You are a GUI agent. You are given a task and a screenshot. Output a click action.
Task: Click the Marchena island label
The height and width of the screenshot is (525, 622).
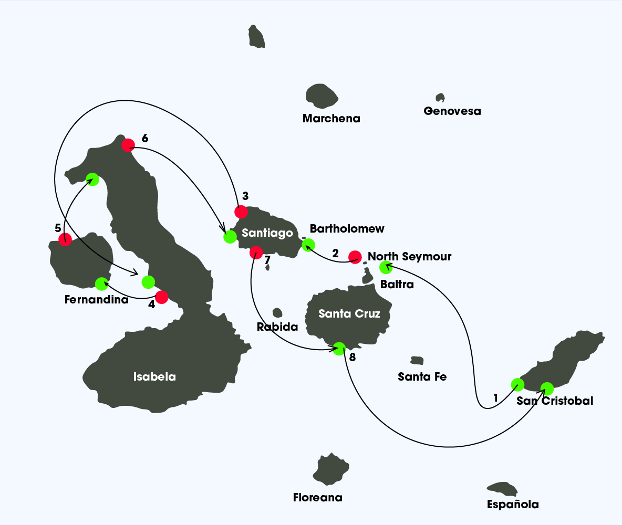click(x=331, y=119)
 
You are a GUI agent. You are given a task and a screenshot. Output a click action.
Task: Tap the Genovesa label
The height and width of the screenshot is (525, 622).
click(x=452, y=111)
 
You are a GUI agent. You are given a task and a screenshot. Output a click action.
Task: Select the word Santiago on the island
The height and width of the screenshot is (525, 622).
click(x=267, y=233)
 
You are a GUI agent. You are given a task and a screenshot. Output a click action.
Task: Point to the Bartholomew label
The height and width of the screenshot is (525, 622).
click(x=347, y=229)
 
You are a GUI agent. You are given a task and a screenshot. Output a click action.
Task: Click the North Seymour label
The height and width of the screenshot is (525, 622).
click(x=409, y=257)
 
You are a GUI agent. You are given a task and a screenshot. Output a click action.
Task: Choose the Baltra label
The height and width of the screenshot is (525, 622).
click(x=397, y=285)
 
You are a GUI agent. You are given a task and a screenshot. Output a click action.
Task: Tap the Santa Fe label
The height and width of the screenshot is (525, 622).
click(x=422, y=376)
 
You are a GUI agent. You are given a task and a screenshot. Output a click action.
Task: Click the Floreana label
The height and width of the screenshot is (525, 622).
click(x=317, y=498)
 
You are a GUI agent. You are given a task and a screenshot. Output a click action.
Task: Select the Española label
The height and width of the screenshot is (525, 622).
click(x=513, y=505)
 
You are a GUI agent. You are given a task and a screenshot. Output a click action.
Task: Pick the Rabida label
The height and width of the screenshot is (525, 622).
click(x=277, y=327)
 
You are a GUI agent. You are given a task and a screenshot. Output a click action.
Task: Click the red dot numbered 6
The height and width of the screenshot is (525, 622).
click(x=128, y=145)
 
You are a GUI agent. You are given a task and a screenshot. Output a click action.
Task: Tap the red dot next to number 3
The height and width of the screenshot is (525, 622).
click(x=241, y=212)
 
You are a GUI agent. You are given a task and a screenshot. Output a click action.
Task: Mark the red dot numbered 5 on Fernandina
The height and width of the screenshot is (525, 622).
click(x=65, y=240)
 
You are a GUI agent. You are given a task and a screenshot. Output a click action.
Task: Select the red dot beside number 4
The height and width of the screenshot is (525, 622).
click(x=161, y=297)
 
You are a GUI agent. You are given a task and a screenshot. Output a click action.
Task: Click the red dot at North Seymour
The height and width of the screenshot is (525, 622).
click(x=355, y=257)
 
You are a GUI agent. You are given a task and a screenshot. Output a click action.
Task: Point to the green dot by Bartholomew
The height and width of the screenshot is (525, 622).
click(x=308, y=244)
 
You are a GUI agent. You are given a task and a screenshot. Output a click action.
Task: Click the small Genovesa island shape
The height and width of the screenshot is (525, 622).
click(x=440, y=98)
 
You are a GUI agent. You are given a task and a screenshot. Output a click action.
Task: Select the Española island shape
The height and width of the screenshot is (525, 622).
click(x=503, y=489)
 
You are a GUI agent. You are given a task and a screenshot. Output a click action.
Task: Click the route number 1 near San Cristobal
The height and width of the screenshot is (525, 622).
click(x=495, y=398)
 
